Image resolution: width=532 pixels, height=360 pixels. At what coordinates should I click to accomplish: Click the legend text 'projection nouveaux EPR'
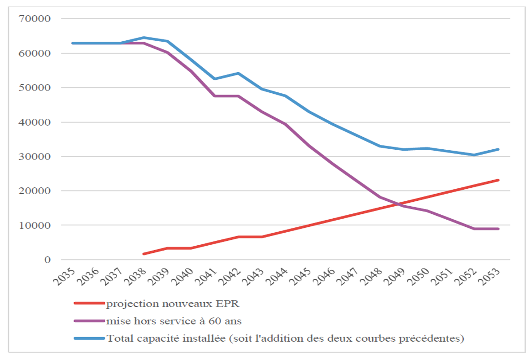(x=173, y=304)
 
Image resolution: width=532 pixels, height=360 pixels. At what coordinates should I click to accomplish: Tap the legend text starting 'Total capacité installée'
(x=284, y=338)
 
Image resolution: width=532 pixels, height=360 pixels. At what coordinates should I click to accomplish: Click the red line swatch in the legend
(x=89, y=304)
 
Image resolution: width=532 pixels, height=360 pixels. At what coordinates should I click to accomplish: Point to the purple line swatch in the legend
(x=89, y=321)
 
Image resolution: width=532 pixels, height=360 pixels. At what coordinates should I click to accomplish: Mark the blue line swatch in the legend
(x=89, y=338)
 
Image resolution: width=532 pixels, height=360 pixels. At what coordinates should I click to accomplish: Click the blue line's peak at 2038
(x=144, y=38)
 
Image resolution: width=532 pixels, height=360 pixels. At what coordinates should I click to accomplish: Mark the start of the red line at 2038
(x=144, y=254)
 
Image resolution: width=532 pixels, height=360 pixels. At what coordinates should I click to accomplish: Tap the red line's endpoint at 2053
(x=498, y=180)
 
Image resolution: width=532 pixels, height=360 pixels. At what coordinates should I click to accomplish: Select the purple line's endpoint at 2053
(x=498, y=229)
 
